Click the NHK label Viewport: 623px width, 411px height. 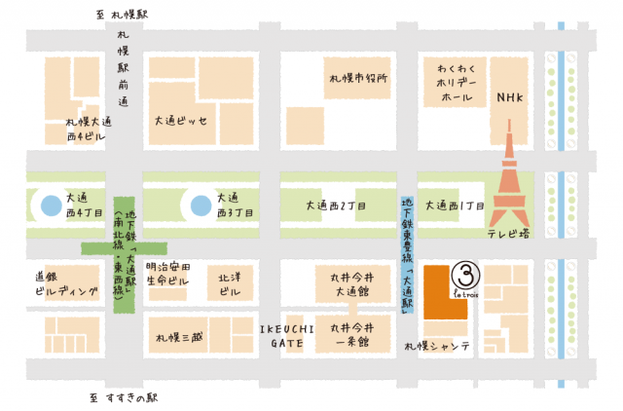(510, 98)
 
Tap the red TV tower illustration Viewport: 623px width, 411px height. (509, 185)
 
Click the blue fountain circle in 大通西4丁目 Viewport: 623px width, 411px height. (48, 205)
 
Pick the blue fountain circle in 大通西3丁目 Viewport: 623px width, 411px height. (200, 205)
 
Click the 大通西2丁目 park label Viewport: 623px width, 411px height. (336, 205)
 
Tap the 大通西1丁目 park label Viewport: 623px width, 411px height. (458, 205)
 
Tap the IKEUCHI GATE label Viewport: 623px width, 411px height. (285, 335)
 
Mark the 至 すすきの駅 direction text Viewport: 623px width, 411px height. (124, 397)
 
